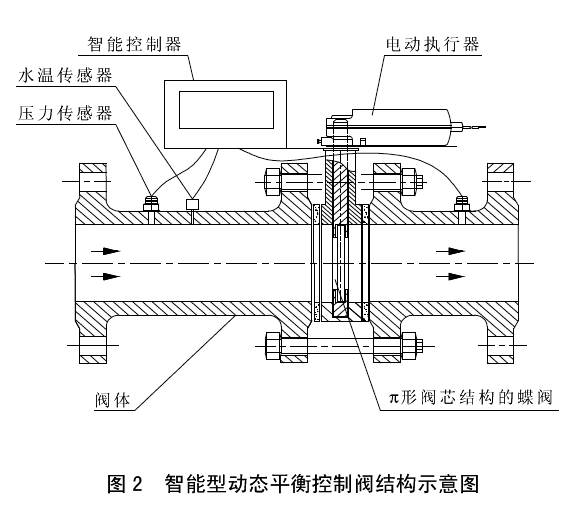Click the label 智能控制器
point(134,44)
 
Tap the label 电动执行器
point(432,44)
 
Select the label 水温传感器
point(65,76)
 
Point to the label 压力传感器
point(65,113)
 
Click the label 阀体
point(112,400)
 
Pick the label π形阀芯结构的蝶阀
point(470,398)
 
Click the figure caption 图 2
point(125,484)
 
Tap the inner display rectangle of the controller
point(226,110)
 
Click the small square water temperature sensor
point(193,204)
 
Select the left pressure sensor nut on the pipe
point(151,203)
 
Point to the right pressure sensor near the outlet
point(462,203)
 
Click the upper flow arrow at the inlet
point(106,251)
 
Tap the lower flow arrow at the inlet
point(106,276)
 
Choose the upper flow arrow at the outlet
point(451,251)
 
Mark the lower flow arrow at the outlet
point(451,276)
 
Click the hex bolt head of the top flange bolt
point(272,182)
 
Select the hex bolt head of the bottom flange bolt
point(272,346)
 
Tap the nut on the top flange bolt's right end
point(409,182)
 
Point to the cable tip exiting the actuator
point(484,127)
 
